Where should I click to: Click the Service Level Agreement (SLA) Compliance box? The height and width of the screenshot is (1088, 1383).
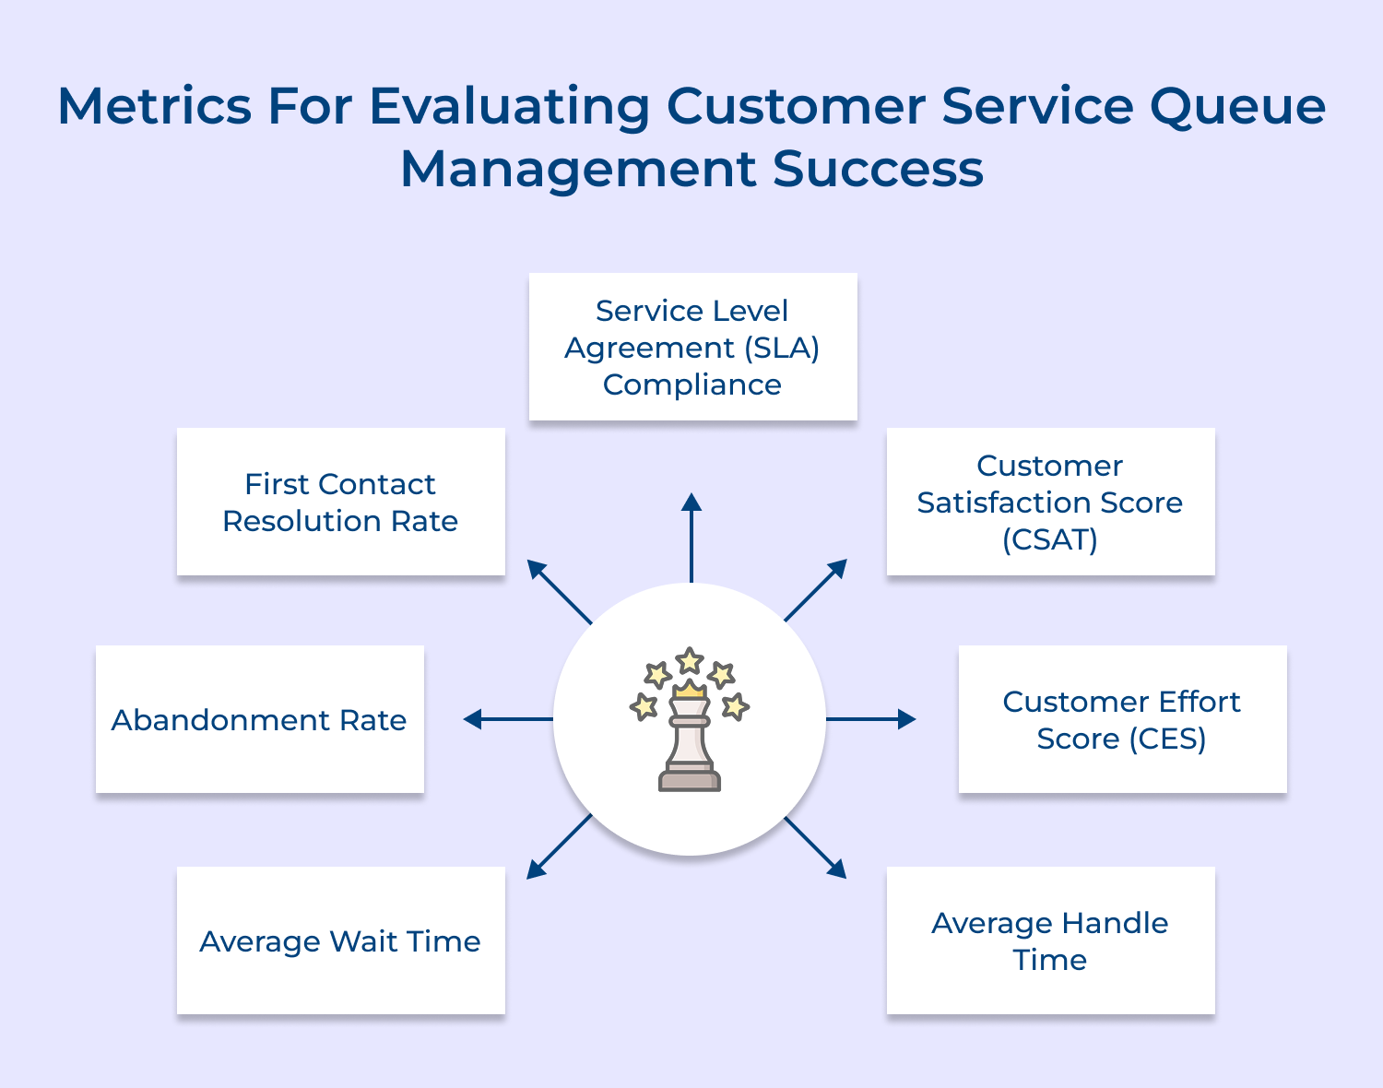[692, 347]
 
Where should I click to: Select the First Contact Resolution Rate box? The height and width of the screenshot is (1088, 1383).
[340, 502]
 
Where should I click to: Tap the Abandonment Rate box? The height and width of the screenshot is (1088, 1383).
[259, 719]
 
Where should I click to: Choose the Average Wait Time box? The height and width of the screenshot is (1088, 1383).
[340, 940]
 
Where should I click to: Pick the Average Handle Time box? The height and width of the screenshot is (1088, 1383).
[1050, 940]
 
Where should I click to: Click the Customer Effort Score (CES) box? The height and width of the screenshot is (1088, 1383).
[1122, 719]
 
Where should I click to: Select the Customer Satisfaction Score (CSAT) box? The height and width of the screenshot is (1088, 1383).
[1050, 502]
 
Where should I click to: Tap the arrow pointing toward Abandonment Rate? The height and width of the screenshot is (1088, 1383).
[507, 719]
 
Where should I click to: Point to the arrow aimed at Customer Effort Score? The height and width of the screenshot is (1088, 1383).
[871, 719]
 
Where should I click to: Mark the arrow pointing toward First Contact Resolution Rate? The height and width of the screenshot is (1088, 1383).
[559, 591]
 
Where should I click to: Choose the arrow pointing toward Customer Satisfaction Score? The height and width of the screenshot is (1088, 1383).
[816, 590]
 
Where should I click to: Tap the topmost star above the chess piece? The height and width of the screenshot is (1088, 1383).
[690, 660]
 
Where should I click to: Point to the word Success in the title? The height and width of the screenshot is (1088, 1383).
[878, 169]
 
